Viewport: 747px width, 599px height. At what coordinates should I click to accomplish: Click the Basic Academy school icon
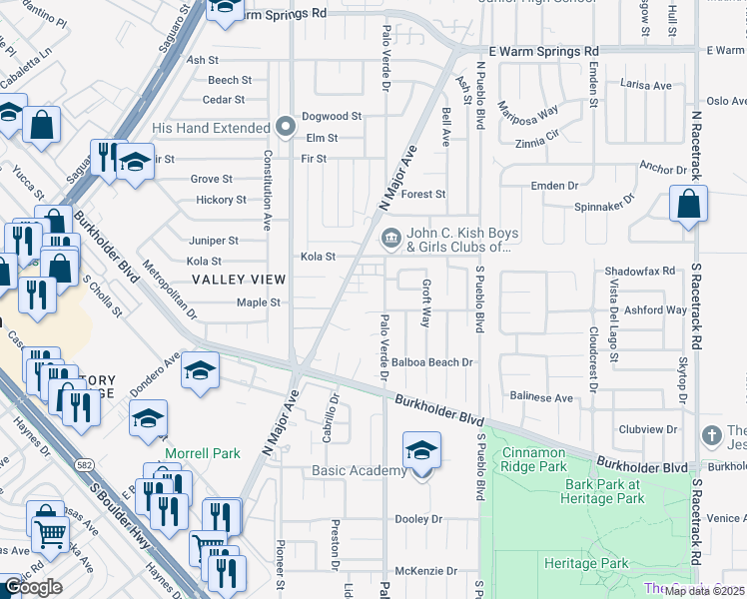[421, 451]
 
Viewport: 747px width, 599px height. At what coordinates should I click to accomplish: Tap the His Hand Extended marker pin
[286, 128]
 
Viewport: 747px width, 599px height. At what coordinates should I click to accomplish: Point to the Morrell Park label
[203, 453]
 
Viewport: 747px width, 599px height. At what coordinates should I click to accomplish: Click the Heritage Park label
[586, 563]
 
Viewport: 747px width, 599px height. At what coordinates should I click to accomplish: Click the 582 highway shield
[86, 465]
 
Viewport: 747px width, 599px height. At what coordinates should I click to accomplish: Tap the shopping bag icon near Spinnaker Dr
[689, 205]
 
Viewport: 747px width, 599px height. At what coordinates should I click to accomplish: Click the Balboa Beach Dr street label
[431, 362]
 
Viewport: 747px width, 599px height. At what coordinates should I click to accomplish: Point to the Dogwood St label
[331, 117]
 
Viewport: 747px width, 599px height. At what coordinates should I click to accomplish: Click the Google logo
[32, 587]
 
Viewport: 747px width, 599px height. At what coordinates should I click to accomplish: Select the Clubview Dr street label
[647, 430]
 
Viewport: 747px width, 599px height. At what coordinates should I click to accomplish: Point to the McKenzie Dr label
[425, 572]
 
